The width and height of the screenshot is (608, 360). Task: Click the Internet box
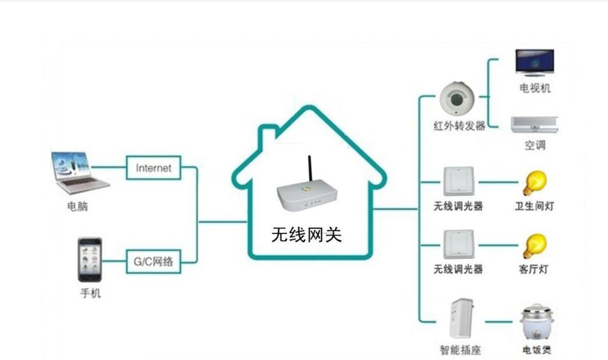coord(153,168)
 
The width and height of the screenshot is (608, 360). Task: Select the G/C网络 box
coord(153,261)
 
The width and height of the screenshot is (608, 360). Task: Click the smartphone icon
coord(90,259)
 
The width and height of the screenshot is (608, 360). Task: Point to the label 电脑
coord(78,206)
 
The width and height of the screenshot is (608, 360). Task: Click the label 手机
coord(91,293)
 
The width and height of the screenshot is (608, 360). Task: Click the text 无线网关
coord(306,234)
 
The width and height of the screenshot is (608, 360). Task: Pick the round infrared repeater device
coord(456,97)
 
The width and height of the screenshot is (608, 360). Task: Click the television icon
coord(535,62)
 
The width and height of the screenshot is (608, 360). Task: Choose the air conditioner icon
coord(534,124)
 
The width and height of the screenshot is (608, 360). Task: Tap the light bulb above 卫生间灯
coord(534,183)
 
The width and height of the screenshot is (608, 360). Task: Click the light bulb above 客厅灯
coord(534,245)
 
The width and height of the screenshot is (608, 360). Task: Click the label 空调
coord(534,145)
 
